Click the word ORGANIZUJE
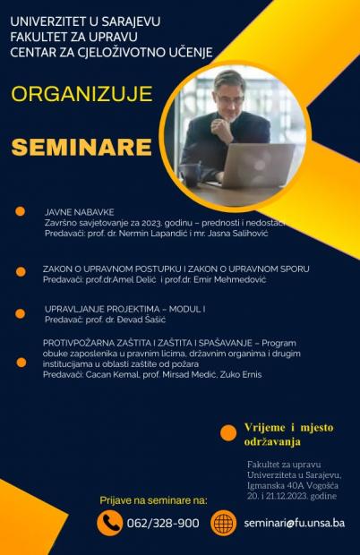coord(81,94)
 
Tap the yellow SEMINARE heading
coord(81,145)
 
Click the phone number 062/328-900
coord(163,523)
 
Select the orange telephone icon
coord(109,523)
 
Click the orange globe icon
coord(223,523)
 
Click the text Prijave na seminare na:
coord(153,499)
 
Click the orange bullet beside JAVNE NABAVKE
coord(20,211)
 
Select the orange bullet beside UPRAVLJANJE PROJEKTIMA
coord(20,313)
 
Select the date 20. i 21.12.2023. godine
coord(292,495)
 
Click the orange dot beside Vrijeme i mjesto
coord(227,433)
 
